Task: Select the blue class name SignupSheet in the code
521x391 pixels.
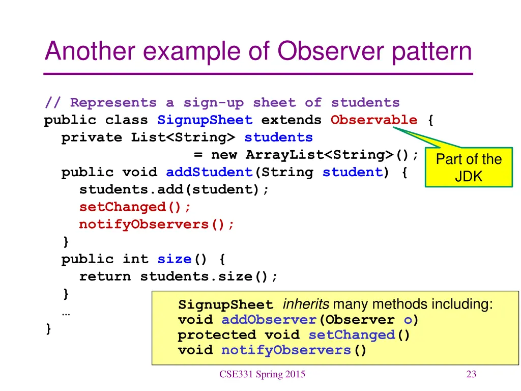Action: click(x=205, y=120)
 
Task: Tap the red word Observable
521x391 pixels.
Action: click(x=373, y=120)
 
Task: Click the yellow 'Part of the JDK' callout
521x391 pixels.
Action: click(x=469, y=168)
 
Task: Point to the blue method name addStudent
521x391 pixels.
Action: click(x=209, y=172)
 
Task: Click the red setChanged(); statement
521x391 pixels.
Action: click(x=135, y=207)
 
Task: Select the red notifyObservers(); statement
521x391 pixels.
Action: click(x=157, y=224)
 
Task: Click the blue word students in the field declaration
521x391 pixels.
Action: click(x=278, y=137)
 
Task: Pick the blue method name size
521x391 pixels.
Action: click(x=174, y=259)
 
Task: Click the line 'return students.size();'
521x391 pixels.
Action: click(x=179, y=276)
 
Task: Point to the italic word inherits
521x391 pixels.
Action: click(x=306, y=304)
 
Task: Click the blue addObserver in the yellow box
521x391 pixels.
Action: click(x=269, y=320)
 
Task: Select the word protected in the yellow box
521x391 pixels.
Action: click(x=217, y=335)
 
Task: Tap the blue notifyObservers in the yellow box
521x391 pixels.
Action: click(x=286, y=350)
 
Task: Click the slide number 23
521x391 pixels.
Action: click(x=471, y=375)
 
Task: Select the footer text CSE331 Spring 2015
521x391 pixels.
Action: click(x=262, y=375)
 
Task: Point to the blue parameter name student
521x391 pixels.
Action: click(x=352, y=172)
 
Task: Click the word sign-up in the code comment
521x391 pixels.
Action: click(x=213, y=103)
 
